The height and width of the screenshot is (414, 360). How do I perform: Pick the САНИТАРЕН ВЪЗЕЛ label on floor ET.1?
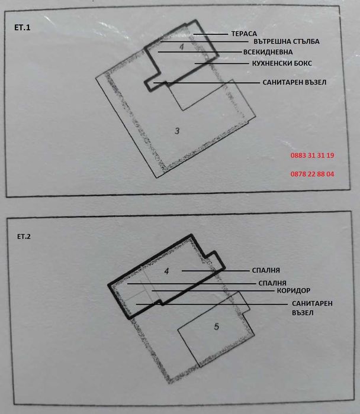click(x=294, y=83)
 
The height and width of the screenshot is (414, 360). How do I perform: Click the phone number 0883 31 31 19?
click(x=313, y=156)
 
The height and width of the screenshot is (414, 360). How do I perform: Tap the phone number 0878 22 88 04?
click(x=313, y=174)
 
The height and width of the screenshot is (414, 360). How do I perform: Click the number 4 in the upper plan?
click(x=182, y=46)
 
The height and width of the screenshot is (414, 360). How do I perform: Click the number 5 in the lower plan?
click(x=216, y=326)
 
